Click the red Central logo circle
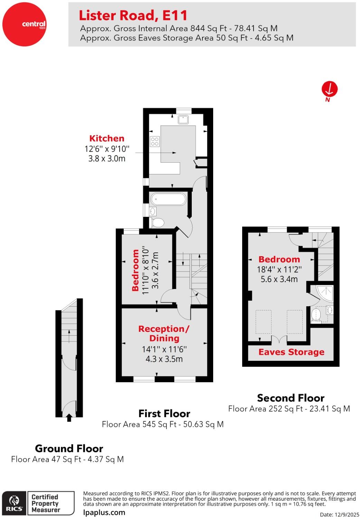click(24, 24)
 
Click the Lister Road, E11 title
click(133, 16)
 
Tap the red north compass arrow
click(329, 89)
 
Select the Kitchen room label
click(107, 138)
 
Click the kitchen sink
click(183, 119)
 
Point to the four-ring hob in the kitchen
click(154, 141)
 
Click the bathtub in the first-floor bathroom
click(168, 199)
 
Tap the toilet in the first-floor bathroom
click(157, 222)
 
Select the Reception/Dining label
click(164, 333)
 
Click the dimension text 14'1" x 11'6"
click(164, 349)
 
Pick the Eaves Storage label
click(291, 352)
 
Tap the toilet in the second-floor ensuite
click(316, 315)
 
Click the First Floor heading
click(164, 413)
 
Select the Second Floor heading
click(291, 398)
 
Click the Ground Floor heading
click(69, 449)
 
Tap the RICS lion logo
click(14, 503)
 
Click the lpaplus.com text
click(104, 512)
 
